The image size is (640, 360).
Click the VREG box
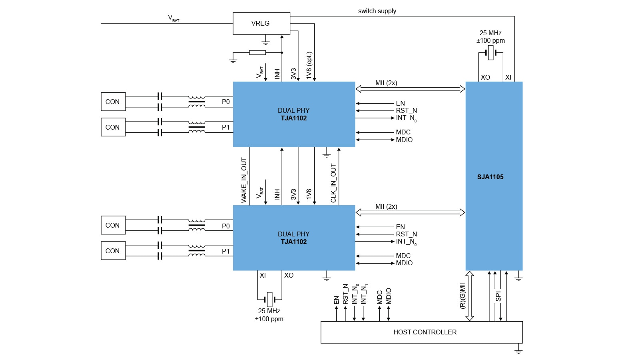coord(261,23)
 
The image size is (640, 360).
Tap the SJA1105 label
coord(490,177)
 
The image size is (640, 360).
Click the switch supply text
coord(377,11)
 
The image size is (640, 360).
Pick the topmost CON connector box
coord(113,102)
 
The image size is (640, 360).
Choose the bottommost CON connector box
coord(113,251)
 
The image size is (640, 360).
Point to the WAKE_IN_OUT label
coord(244,180)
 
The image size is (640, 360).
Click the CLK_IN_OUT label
coord(333,183)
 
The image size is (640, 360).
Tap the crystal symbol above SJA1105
coord(490,52)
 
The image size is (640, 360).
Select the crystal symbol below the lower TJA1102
coord(269,299)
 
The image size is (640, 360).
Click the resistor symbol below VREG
coord(257,52)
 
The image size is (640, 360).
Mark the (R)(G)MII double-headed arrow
coord(470,296)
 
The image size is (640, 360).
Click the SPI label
coord(498,296)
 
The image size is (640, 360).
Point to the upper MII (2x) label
coord(386,83)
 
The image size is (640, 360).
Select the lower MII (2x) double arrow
coord(410,212)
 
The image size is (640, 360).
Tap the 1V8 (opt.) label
coord(309,65)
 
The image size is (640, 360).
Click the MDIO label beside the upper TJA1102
coord(404,140)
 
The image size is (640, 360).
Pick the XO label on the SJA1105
coord(485,77)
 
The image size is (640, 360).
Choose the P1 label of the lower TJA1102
coord(226,251)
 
